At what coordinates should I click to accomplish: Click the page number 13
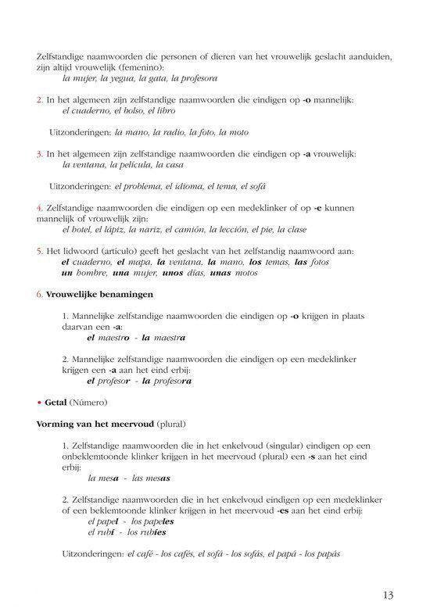(x=389, y=595)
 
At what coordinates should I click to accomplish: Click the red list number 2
(x=39, y=101)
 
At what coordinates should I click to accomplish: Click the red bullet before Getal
(x=39, y=402)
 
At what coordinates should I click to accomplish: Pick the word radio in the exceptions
(x=180, y=133)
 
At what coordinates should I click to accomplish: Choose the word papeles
(x=156, y=521)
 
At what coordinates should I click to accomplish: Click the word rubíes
(x=152, y=532)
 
